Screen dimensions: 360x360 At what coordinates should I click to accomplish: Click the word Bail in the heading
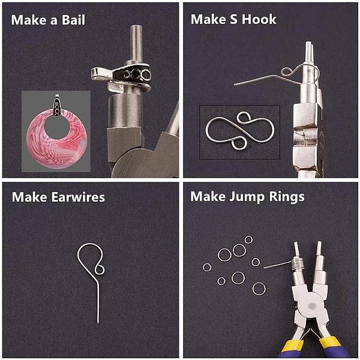[x=73, y=20]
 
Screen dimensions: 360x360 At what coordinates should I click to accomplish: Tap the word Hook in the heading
[x=259, y=19]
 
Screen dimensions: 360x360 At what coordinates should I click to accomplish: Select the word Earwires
[x=78, y=197]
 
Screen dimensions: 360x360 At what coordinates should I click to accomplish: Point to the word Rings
[x=287, y=197]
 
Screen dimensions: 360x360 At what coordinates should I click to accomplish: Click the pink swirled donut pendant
[x=57, y=140]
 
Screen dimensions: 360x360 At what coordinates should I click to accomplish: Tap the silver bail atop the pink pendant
[x=57, y=105]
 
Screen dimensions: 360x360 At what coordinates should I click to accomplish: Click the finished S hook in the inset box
[x=240, y=130]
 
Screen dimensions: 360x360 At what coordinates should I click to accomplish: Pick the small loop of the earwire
[x=100, y=269]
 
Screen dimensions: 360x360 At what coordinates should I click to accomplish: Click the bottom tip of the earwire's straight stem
[x=98, y=323]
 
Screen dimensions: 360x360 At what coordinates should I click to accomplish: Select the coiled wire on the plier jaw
[x=298, y=263]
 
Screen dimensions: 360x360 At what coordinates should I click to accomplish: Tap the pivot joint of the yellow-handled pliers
[x=311, y=305]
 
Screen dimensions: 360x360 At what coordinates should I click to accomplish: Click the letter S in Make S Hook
[x=233, y=19]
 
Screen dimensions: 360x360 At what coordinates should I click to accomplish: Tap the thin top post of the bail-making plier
[x=136, y=44]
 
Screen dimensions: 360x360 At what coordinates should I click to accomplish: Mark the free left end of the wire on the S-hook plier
[x=235, y=85]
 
